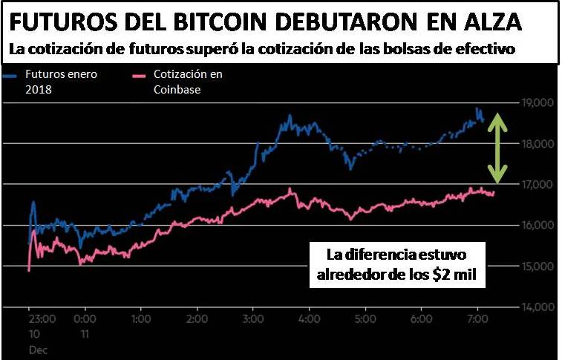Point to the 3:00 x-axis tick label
[254, 320]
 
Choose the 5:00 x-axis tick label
[365, 320]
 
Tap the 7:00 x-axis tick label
[477, 320]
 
